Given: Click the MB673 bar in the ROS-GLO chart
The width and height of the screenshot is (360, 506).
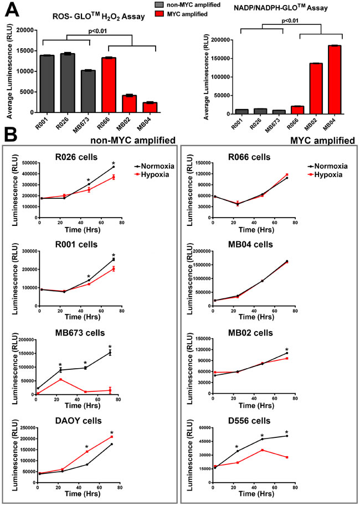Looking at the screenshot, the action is [88, 91].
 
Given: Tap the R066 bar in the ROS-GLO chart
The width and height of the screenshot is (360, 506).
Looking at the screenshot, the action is [109, 85].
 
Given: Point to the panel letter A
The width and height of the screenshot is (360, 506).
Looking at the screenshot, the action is [12, 9].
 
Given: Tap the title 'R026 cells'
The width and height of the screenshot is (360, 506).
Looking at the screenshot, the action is [76, 157].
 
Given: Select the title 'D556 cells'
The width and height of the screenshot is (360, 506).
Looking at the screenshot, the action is [249, 421].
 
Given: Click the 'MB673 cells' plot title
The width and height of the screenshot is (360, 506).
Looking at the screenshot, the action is [80, 333].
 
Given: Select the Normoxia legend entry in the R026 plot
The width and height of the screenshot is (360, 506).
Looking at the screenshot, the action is [155, 166].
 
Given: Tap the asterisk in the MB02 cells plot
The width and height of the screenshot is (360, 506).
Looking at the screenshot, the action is [286, 350].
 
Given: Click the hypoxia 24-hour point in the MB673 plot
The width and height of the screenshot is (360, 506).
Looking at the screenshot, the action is [60, 380].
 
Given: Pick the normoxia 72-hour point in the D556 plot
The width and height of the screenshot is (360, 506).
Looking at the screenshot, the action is [286, 436].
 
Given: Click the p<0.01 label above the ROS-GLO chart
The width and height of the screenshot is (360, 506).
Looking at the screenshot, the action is [97, 32].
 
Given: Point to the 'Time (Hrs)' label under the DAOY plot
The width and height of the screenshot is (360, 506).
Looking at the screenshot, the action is [83, 493].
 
